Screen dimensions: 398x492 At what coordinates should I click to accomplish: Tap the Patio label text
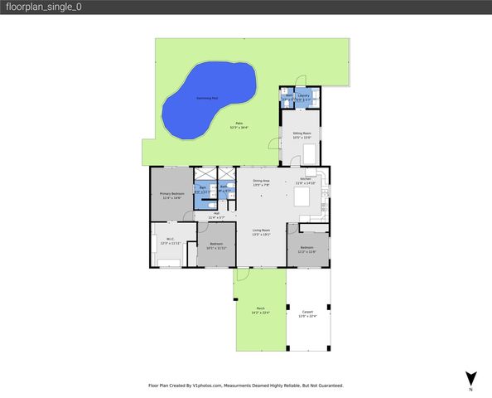(x=239, y=124)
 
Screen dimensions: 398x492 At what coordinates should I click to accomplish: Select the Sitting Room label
(x=301, y=133)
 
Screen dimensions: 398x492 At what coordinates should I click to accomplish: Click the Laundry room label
(x=304, y=95)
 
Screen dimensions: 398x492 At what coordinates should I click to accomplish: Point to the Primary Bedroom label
(x=171, y=193)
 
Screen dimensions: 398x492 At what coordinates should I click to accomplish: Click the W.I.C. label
(x=169, y=240)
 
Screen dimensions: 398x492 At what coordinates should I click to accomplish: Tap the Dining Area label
(x=260, y=180)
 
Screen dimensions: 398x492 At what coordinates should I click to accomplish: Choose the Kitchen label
(x=306, y=180)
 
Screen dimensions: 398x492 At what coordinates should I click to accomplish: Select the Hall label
(x=216, y=214)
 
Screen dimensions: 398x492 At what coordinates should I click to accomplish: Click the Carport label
(x=307, y=311)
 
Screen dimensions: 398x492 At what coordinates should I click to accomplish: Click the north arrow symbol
(x=470, y=379)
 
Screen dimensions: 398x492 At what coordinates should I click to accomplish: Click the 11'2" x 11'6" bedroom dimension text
(x=306, y=251)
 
